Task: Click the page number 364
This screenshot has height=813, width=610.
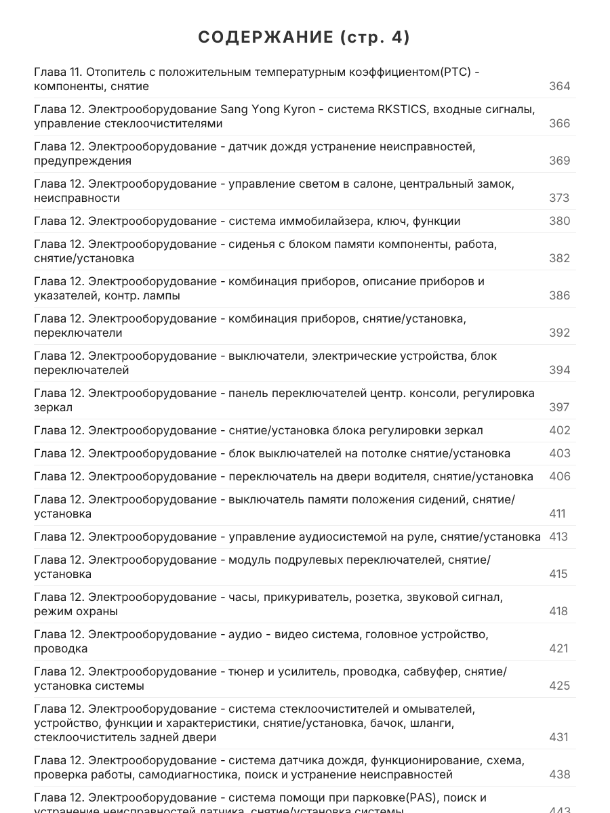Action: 559,86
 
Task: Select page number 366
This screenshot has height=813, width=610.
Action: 559,123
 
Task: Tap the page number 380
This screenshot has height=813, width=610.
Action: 559,221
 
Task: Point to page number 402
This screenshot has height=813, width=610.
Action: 559,430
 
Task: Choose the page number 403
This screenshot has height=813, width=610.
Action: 559,453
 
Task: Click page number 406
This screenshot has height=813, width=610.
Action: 559,476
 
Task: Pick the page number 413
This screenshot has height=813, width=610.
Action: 558,537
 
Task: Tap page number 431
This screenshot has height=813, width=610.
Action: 559,736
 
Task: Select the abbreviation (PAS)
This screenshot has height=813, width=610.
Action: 428,797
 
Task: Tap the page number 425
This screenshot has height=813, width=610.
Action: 559,686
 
